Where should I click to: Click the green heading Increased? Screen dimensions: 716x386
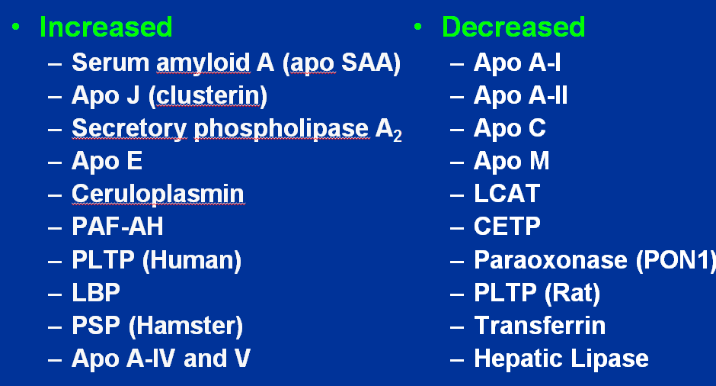106,27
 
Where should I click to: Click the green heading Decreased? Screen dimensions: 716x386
513,27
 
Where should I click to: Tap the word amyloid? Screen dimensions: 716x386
203,63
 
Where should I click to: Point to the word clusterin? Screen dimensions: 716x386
208,95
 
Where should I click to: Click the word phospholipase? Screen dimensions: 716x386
281,129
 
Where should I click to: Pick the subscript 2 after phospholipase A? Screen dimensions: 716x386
398,136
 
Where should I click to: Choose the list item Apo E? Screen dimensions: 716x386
107,162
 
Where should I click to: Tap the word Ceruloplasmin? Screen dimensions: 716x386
158,194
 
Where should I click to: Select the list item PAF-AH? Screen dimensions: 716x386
117,227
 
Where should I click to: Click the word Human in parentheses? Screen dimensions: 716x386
192,260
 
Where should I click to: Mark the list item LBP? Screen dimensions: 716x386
96,293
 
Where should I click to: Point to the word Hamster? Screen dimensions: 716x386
185,326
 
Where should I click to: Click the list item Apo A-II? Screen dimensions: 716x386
520,96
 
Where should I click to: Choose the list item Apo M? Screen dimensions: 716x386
511,162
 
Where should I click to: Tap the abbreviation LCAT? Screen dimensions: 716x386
507,194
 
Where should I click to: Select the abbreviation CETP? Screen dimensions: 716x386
507,227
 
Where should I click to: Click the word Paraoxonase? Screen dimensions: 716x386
551,260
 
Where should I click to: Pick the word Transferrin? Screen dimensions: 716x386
540,326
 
